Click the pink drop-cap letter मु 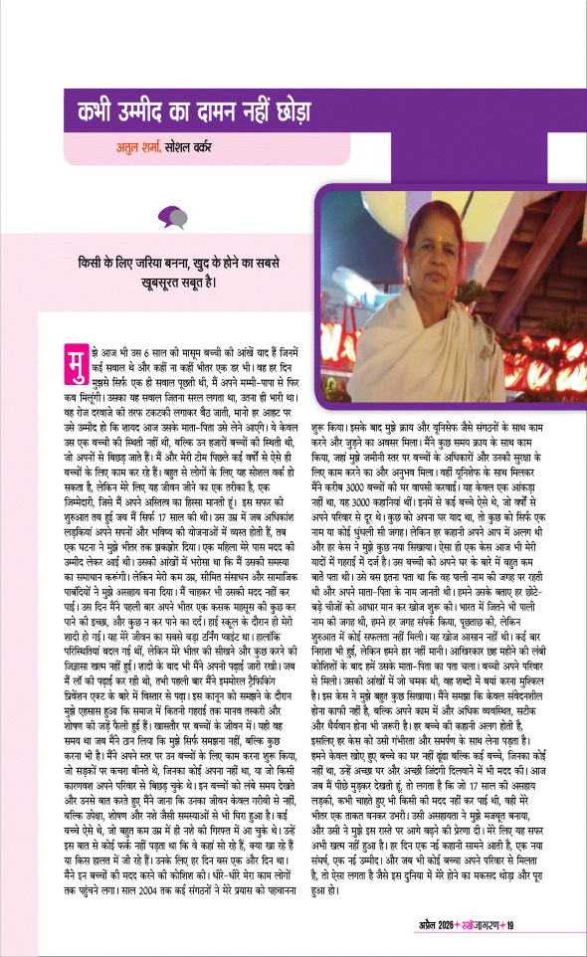click(x=71, y=359)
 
